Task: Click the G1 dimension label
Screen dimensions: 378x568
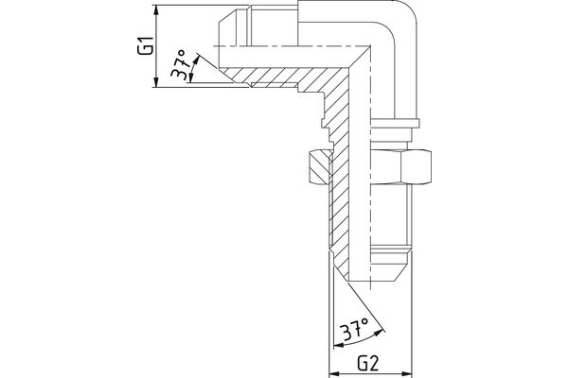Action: point(145,45)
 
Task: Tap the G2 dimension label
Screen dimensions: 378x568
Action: point(368,362)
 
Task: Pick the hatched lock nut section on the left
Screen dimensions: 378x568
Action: point(318,168)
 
